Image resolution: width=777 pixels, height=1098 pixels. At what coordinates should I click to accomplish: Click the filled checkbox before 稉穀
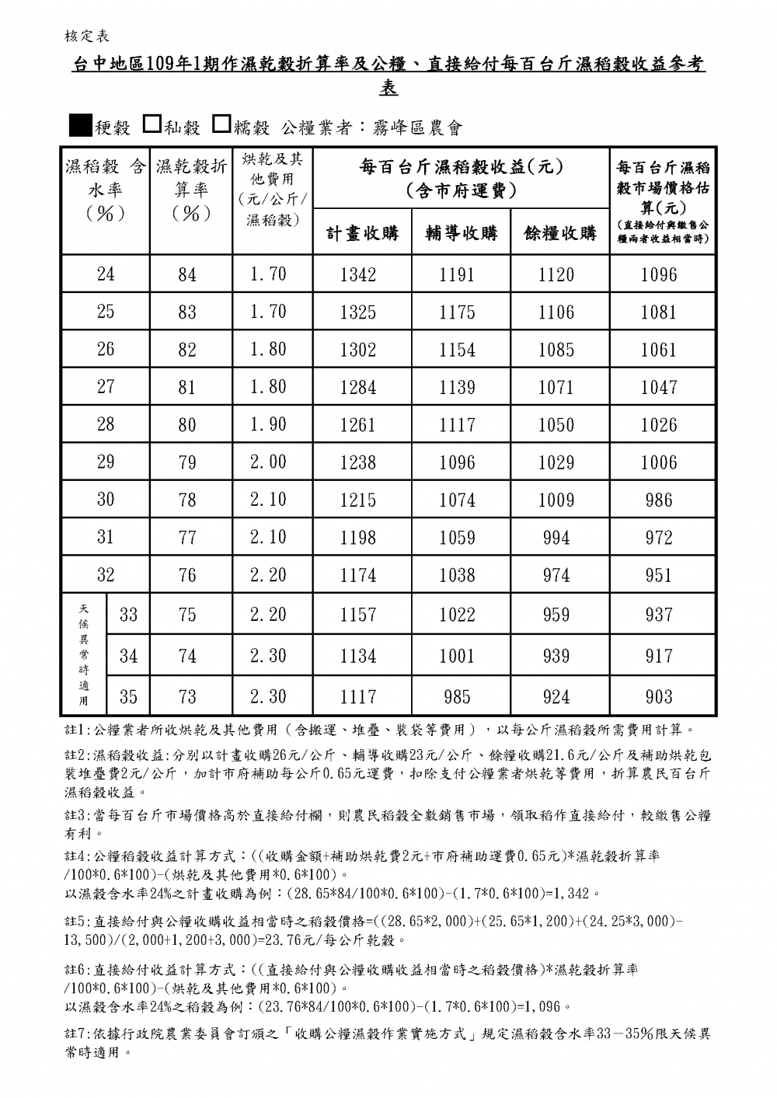pyautogui.click(x=81, y=124)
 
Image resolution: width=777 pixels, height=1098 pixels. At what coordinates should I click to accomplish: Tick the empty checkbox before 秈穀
pyautogui.click(x=153, y=124)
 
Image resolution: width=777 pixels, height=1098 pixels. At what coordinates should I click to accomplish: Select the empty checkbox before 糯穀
pyautogui.click(x=221, y=124)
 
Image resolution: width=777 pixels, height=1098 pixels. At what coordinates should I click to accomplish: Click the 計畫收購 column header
pyautogui.click(x=362, y=232)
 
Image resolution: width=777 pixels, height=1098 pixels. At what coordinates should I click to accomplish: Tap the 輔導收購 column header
pyautogui.click(x=461, y=232)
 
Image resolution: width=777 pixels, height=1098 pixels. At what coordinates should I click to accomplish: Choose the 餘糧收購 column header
pyautogui.click(x=560, y=232)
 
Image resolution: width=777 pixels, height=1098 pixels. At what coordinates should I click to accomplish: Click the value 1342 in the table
pyautogui.click(x=358, y=274)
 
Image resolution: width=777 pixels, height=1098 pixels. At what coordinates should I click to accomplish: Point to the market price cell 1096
pyautogui.click(x=659, y=274)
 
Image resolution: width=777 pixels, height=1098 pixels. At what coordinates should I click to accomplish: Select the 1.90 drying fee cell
pyautogui.click(x=268, y=424)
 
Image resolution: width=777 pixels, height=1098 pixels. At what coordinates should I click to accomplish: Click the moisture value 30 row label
pyautogui.click(x=106, y=500)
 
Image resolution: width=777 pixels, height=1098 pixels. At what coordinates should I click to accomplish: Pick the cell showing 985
pyautogui.click(x=457, y=696)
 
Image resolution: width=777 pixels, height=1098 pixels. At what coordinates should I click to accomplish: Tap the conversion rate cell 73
pyautogui.click(x=187, y=696)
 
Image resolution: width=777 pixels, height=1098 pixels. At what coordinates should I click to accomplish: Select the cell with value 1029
pyautogui.click(x=556, y=462)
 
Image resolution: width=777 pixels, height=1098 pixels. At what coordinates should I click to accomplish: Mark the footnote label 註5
pyautogui.click(x=77, y=921)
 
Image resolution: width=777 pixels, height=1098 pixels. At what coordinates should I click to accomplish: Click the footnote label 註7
pyautogui.click(x=77, y=1035)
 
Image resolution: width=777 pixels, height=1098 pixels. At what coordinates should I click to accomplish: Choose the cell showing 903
pyautogui.click(x=659, y=696)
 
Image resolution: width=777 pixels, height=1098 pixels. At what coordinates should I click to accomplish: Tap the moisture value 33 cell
pyautogui.click(x=129, y=615)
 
